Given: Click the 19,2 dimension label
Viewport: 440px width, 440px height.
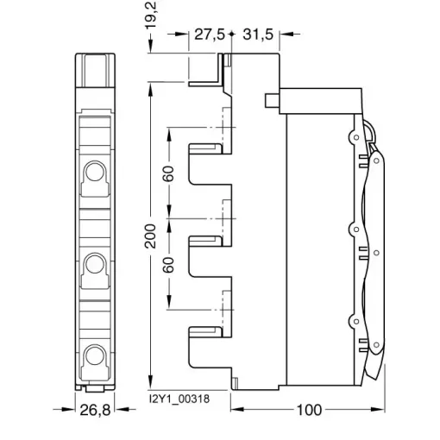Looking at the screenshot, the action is point(151,15).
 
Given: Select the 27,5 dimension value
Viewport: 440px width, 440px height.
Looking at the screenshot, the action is point(210,35).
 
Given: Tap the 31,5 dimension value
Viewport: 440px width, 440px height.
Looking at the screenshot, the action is point(258,35).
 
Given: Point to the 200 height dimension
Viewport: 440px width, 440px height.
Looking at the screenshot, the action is point(150,236).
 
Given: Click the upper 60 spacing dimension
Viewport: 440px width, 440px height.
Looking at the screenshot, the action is point(168,173).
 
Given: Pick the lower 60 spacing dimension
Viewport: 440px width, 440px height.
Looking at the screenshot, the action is point(168,265).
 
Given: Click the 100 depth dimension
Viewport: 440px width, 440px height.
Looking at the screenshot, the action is point(309,410).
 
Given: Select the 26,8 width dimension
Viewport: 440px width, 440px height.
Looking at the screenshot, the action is point(95,410).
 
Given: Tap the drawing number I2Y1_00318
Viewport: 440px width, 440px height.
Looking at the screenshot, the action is point(179,399).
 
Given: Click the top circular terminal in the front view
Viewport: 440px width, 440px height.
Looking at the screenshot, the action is point(95,172).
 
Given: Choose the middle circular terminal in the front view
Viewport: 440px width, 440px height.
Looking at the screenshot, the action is point(95,264).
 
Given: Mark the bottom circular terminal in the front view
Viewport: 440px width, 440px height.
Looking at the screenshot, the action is point(95,355).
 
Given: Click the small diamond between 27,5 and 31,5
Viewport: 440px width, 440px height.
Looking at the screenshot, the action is point(231,35).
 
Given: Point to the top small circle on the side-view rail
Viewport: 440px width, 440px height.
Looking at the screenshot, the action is point(356,137).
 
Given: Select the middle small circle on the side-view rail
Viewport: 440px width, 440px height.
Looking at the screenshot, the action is point(356,229).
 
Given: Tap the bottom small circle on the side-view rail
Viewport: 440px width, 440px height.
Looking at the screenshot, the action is point(356,321).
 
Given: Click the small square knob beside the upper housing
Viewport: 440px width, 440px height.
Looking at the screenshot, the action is point(273,101).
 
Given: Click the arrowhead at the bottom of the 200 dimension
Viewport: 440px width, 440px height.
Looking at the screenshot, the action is point(150,383).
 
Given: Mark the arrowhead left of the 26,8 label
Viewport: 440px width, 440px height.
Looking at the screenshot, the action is point(68,409).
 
